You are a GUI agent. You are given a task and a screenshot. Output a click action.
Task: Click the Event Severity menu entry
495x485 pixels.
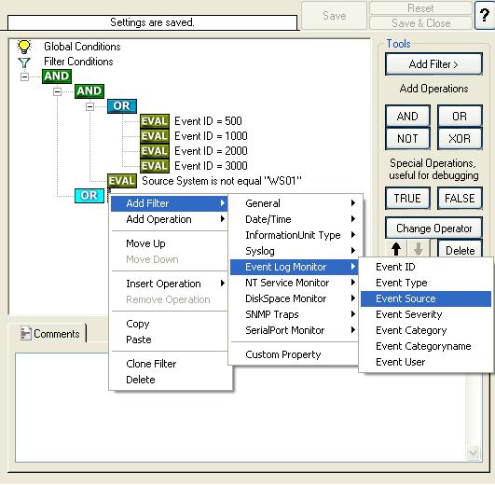(409, 314)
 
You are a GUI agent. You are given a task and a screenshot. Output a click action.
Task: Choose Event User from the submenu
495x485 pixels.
(400, 362)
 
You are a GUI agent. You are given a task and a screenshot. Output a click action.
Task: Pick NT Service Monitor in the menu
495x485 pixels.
(287, 283)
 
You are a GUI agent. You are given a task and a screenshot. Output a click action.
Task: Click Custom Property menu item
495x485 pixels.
(282, 354)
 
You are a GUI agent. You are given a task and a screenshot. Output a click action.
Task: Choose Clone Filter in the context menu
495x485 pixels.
(151, 364)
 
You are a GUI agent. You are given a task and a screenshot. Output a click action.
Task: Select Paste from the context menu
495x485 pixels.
(139, 339)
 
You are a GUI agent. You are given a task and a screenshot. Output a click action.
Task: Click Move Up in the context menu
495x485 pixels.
(145, 243)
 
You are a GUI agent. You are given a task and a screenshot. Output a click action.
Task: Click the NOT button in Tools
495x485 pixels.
(407, 138)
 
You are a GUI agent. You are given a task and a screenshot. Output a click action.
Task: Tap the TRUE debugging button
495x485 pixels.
(407, 199)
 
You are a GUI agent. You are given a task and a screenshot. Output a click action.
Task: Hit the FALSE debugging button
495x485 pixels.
(460, 199)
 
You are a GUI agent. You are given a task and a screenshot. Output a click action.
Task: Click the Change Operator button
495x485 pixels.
(433, 228)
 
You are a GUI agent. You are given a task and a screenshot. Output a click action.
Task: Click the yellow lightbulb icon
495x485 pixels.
(24, 47)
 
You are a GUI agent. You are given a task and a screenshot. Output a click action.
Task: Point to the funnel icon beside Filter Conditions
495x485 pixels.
(24, 62)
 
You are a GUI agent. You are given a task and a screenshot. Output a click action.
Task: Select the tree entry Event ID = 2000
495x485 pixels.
(211, 151)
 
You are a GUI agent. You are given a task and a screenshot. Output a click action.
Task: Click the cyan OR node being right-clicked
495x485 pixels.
(89, 196)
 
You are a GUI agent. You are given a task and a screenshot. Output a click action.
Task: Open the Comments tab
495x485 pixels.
(50, 334)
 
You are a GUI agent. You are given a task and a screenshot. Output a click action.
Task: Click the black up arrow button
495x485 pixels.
(396, 249)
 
